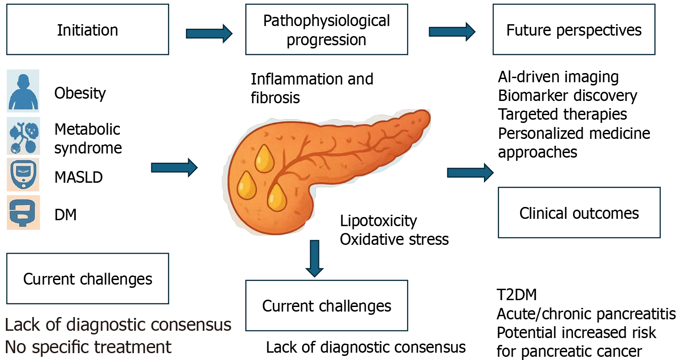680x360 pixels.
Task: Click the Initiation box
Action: (x=87, y=30)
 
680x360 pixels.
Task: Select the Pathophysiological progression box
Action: (x=326, y=30)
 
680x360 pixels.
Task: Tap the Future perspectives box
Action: (x=574, y=30)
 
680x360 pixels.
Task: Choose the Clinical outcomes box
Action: (x=579, y=213)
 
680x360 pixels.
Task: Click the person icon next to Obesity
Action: (x=23, y=91)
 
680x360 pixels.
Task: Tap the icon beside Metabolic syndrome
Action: (x=23, y=136)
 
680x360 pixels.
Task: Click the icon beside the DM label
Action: (x=23, y=212)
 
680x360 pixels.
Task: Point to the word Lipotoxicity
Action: (x=378, y=221)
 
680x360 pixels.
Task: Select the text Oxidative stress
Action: (x=394, y=239)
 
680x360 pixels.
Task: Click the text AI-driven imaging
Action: (x=558, y=77)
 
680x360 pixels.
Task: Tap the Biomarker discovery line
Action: (x=567, y=95)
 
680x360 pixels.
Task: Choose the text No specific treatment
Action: (x=88, y=347)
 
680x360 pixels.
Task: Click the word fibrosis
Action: (x=275, y=97)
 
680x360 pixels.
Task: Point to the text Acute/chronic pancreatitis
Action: (x=586, y=314)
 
